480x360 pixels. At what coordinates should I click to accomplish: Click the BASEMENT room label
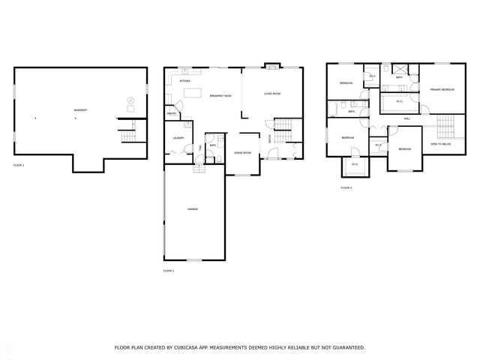coord(80,110)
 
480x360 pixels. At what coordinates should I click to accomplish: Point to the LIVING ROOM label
coord(271,94)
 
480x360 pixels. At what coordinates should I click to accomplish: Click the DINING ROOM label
coord(242,152)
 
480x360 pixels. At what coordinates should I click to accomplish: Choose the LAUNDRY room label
coord(178,138)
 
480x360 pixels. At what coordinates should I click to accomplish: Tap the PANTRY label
coord(172,114)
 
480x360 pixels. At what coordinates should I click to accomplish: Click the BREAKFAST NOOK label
coord(220,95)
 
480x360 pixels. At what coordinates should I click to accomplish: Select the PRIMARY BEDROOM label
coord(442,90)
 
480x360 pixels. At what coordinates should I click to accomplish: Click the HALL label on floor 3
coord(407,118)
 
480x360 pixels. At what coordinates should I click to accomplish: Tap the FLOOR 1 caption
coord(19,164)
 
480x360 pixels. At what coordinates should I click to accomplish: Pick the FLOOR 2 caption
coord(169,270)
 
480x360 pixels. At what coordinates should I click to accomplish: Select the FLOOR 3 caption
coord(346,187)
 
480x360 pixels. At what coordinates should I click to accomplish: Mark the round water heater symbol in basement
coord(130,100)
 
